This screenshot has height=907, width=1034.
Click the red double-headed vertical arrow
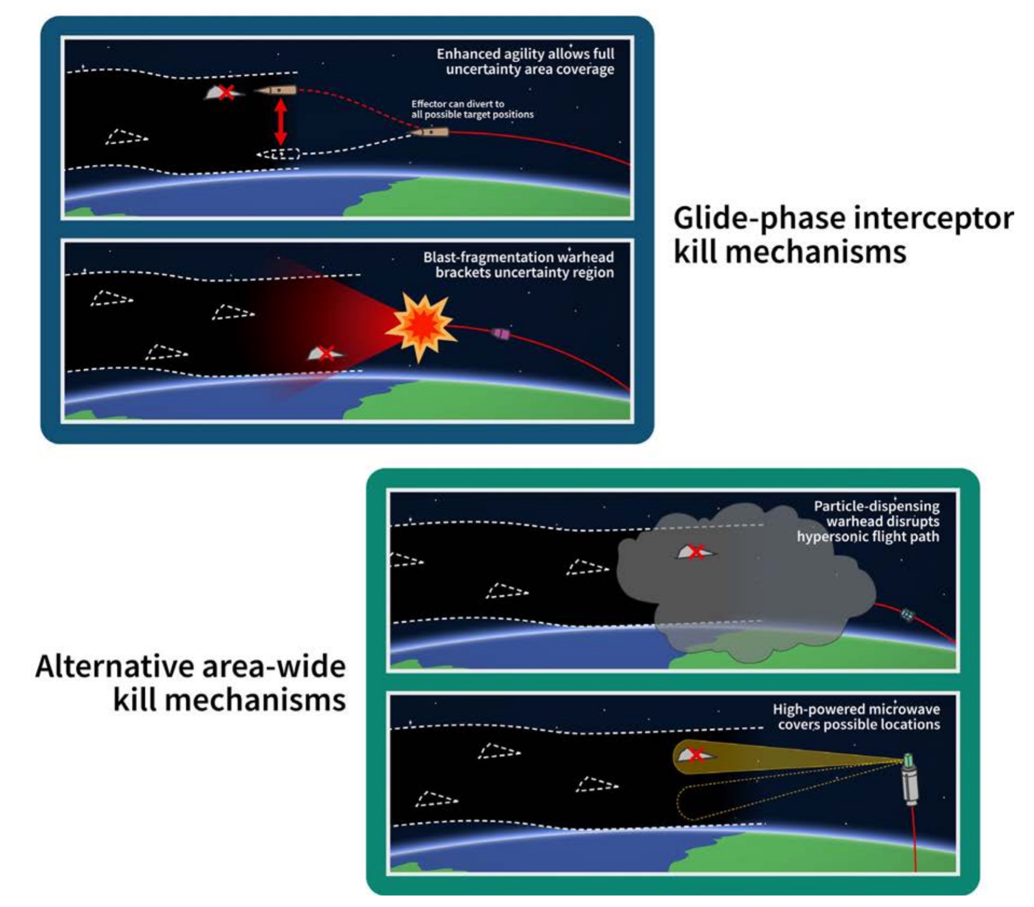tap(281, 122)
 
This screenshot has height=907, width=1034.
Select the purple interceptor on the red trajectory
tap(501, 334)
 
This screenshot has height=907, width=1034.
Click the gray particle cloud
tap(746, 589)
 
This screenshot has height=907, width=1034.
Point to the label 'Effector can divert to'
tap(457, 104)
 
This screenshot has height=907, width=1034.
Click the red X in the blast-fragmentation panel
tap(327, 353)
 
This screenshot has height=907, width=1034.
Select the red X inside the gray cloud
tap(696, 552)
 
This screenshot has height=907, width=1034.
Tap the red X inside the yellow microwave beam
tap(696, 755)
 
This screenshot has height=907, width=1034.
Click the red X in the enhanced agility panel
tap(226, 92)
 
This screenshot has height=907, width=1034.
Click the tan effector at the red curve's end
tap(430, 132)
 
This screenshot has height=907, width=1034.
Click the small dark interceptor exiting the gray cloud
tap(907, 615)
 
